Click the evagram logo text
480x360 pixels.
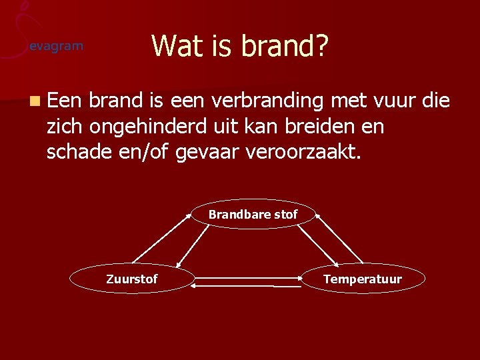tap(56, 46)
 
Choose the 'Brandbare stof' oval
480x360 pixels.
tap(253, 215)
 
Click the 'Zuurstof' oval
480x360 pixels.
tap(132, 279)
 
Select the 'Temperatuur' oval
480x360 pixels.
tap(362, 279)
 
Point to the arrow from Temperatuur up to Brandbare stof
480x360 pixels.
tap(340, 238)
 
